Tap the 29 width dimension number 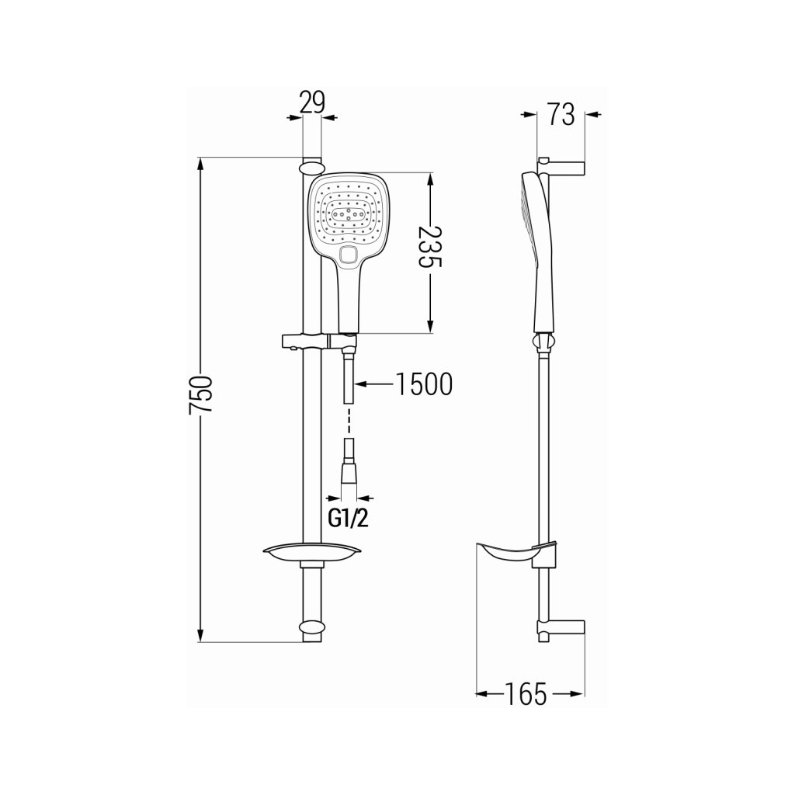(x=312, y=102)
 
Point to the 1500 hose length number (x=423, y=384)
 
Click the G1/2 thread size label (x=349, y=518)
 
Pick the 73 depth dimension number (x=561, y=114)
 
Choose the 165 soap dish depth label (x=526, y=693)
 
